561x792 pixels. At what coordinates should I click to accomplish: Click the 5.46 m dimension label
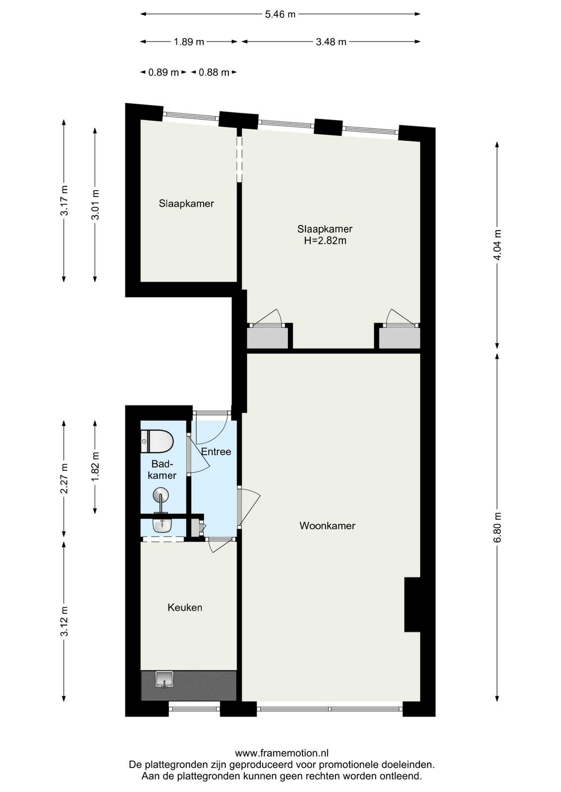pos(280,14)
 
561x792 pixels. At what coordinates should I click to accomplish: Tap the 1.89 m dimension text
pos(189,42)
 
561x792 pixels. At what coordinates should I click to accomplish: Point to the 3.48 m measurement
pos(331,42)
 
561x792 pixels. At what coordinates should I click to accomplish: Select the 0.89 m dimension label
pos(164,72)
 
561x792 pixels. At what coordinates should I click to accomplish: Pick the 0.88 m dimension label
pos(214,72)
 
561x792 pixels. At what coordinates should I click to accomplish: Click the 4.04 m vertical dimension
pos(497,245)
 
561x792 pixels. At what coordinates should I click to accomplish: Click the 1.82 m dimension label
pos(95,467)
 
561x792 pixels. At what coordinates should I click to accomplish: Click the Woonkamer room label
pos(328,526)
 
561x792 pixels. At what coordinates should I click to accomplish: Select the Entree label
pos(216,452)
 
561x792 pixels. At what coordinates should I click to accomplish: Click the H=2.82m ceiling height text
pos(325,241)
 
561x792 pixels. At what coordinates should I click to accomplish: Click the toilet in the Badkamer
pos(157,441)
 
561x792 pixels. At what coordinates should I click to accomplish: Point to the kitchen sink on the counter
pos(164,679)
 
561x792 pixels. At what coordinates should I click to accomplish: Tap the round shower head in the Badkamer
pos(161,494)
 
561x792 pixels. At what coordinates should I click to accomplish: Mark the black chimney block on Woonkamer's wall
pos(412,604)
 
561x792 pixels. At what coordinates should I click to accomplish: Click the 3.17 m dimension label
pos(64,200)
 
